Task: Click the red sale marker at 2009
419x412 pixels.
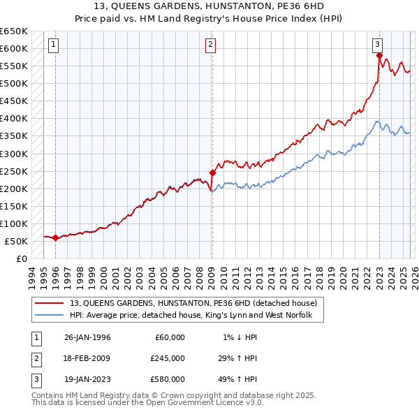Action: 212,172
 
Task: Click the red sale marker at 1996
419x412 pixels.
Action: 55,237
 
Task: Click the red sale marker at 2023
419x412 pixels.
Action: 379,55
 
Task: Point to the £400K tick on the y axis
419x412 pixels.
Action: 14,119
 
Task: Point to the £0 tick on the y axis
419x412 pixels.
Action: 21,259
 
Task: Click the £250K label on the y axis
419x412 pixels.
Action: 14,171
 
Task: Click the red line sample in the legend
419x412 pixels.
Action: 50,303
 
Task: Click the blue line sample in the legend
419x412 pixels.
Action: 50,316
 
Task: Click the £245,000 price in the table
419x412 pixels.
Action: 168,358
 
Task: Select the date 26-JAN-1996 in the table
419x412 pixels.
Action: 87,337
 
